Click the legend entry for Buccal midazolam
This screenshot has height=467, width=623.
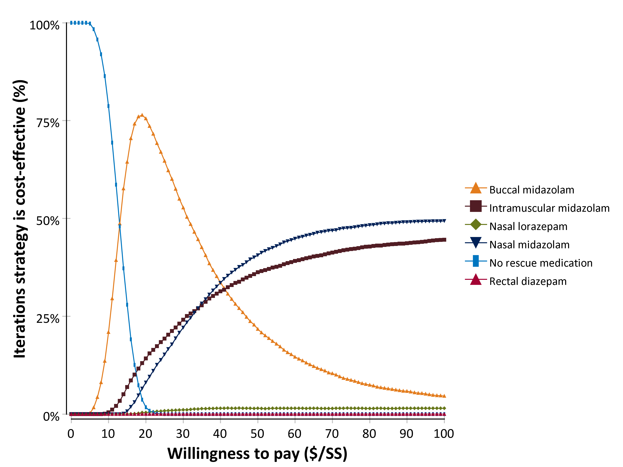coord(531,190)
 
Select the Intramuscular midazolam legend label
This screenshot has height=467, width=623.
coord(549,208)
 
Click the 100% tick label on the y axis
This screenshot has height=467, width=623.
coord(45,25)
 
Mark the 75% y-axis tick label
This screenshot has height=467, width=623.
coord(48,123)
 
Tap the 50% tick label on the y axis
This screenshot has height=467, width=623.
coord(48,221)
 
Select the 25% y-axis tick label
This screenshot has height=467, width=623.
coord(48,319)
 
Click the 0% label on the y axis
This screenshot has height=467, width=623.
coord(51,417)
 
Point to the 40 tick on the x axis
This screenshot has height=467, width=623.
coord(220,434)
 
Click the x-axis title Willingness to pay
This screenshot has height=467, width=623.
coord(257,454)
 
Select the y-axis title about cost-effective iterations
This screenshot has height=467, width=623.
coord(20,219)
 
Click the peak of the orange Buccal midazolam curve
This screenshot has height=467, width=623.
coord(142,115)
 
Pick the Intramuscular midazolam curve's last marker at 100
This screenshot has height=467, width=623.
coord(444,240)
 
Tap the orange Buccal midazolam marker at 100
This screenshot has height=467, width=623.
coord(444,396)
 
